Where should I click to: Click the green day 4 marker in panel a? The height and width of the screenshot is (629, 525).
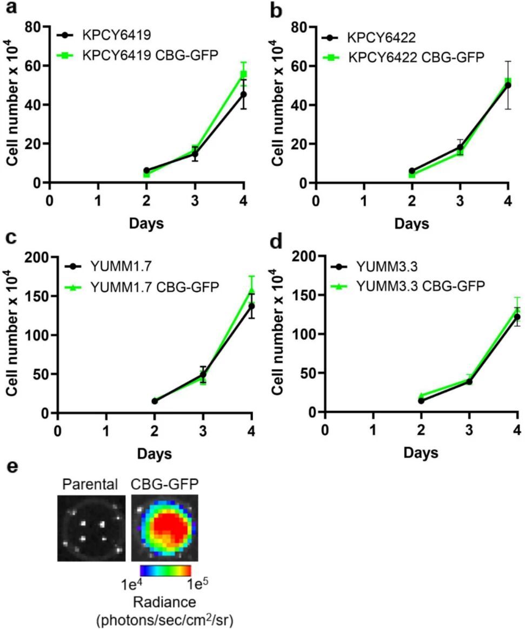244,74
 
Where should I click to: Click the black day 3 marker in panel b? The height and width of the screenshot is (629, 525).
460,147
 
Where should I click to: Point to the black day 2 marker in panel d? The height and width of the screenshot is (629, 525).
421,401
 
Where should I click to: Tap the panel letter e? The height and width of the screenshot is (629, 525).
10,467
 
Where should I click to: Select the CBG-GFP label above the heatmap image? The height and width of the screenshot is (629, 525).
163,485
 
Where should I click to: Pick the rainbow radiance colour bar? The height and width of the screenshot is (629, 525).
165,569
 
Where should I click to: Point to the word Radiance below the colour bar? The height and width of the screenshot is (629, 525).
164,602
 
